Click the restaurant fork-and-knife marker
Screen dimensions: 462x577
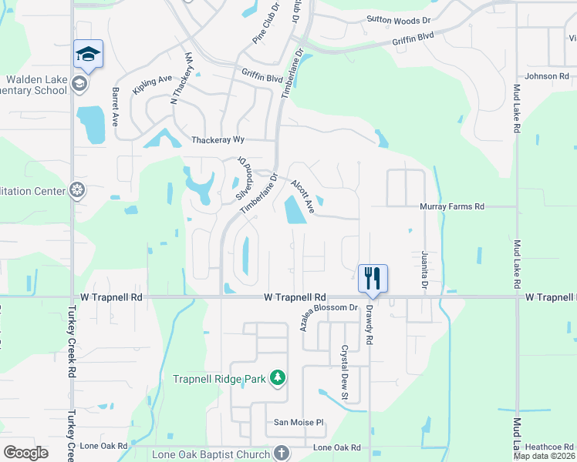click(373, 278)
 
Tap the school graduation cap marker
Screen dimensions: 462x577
click(89, 54)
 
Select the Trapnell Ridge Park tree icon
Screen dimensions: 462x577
click(278, 378)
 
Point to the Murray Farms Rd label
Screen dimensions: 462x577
click(451, 206)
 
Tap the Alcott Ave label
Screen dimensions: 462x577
click(302, 196)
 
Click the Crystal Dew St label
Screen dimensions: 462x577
click(346, 371)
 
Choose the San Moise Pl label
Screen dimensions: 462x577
click(299, 422)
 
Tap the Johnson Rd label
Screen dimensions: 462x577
click(546, 76)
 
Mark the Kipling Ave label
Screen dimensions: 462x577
click(152, 84)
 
